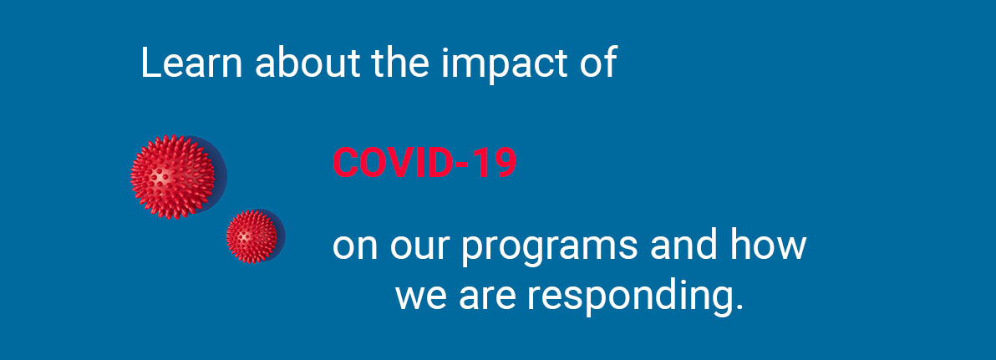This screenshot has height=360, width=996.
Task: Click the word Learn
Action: (191, 63)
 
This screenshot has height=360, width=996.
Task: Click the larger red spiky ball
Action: (173, 176)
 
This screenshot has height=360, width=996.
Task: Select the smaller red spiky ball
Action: (252, 237)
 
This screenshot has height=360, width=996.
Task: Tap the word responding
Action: (628, 297)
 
